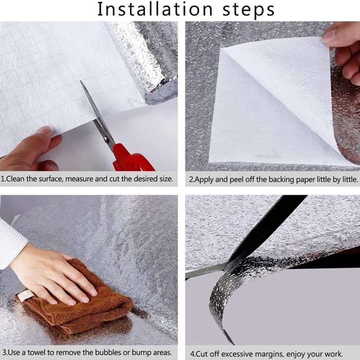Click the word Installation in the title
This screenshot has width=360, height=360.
[x=155, y=9]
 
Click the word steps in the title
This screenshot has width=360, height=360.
[x=248, y=10]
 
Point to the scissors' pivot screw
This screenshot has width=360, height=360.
[x=106, y=138]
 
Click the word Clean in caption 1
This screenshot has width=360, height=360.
[x=15, y=179]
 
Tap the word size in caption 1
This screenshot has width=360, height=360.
[x=166, y=179]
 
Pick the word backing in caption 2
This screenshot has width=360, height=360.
[x=281, y=180]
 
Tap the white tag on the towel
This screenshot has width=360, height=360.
[x=26, y=296]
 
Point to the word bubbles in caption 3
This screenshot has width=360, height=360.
[x=107, y=352]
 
